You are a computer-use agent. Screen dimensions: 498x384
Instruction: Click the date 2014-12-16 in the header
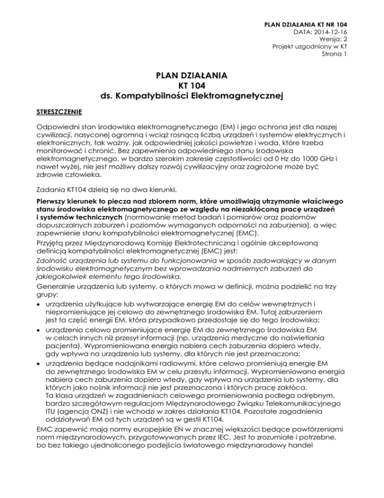tap(331, 32)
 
